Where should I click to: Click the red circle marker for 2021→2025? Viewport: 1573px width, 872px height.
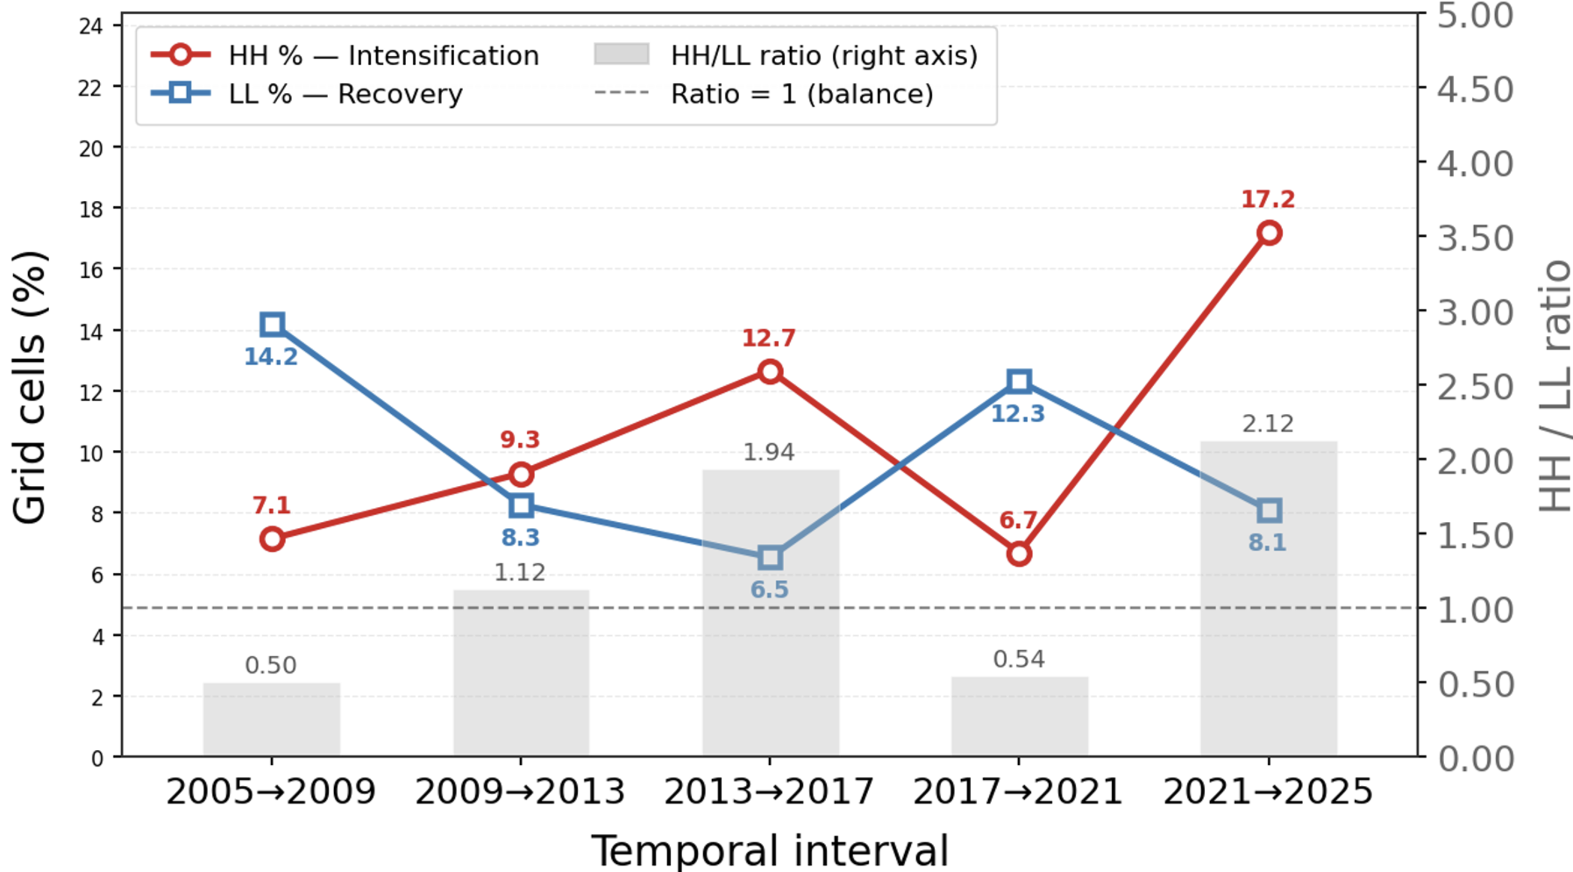(1268, 233)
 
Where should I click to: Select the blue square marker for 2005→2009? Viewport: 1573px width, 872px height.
(272, 325)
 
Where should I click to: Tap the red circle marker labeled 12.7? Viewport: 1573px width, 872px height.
(770, 372)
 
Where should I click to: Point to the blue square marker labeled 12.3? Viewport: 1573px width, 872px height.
(1019, 382)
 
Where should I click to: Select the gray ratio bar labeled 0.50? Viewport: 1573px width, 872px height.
(272, 719)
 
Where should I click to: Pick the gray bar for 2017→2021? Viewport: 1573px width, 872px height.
(1019, 716)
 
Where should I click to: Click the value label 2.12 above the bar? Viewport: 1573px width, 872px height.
(1268, 424)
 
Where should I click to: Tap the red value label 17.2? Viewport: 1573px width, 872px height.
(1268, 199)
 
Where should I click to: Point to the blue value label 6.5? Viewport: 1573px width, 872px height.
(769, 590)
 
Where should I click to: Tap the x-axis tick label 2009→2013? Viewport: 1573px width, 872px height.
(520, 792)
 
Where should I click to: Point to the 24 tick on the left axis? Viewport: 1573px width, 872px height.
(90, 26)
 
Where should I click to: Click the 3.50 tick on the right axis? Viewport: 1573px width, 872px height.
(1475, 239)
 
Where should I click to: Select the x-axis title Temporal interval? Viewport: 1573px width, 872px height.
(770, 850)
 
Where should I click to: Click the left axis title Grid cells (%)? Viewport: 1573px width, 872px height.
(30, 387)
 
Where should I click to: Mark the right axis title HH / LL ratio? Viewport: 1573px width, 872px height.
(1555, 387)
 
